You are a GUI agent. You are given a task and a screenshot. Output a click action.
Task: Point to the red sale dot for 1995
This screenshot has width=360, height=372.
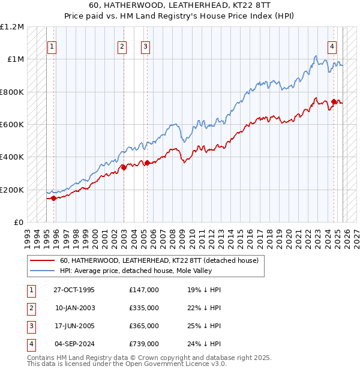tap(54, 198)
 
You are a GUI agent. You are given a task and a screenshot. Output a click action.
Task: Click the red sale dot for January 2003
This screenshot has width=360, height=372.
tap(124, 167)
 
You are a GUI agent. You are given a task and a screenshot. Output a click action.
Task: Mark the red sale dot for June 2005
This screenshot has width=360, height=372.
tap(147, 163)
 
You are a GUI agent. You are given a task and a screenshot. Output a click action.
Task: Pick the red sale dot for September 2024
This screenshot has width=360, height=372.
tap(334, 101)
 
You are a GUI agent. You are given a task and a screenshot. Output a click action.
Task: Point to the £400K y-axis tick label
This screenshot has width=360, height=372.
tap(12, 157)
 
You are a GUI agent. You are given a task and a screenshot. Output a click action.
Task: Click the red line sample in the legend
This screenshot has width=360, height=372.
tap(42, 260)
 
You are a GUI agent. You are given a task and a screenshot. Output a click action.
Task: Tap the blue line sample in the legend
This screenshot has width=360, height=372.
tap(42, 271)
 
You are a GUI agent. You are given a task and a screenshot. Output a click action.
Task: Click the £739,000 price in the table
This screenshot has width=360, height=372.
tap(144, 344)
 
